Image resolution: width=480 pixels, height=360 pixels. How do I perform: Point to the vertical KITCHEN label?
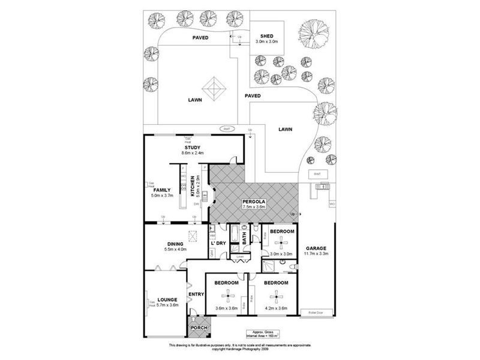[x=193, y=187]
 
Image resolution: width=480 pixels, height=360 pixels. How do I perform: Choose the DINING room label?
[x=175, y=243]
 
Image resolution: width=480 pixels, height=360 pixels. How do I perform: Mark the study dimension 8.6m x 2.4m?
[x=193, y=153]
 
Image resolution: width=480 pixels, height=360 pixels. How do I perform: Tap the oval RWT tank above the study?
[x=227, y=128]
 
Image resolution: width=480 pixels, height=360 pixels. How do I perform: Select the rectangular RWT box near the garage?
[x=317, y=174]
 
